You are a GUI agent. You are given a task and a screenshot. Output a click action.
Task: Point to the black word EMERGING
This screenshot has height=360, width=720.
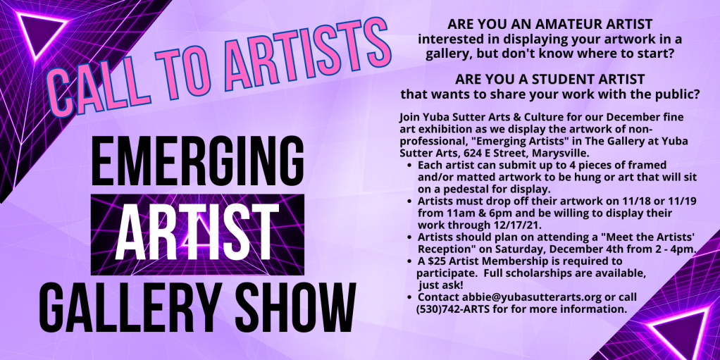[197, 160]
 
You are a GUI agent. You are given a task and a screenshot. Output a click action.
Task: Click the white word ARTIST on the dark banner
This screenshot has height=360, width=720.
[197, 234]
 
